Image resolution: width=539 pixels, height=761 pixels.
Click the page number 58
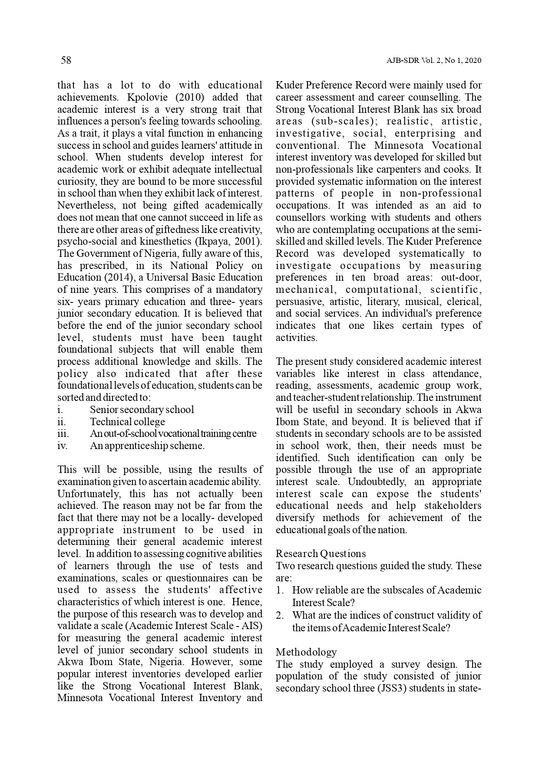[66, 60]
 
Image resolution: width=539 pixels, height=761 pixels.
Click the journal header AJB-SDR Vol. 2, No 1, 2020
[433, 61]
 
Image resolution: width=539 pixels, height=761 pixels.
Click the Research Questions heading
[321, 554]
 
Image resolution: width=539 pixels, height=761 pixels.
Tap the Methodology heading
[306, 652]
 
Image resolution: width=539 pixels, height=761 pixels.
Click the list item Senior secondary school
[142, 410]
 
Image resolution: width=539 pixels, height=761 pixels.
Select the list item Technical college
[127, 422]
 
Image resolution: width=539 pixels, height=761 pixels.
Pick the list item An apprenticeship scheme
[147, 446]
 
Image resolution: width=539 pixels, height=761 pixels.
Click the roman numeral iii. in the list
[63, 433]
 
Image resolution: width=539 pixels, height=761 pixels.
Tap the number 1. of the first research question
[280, 590]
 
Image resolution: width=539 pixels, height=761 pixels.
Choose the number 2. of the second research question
[280, 615]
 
